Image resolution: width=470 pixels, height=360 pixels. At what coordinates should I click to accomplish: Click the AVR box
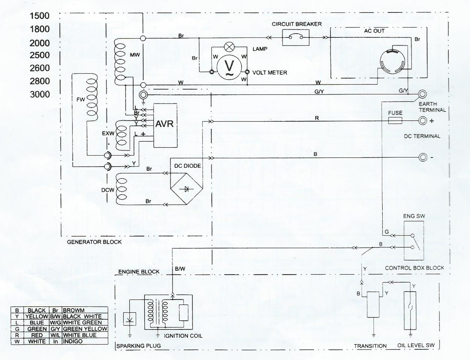click(x=164, y=125)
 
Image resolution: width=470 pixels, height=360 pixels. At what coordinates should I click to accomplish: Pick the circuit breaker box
click(x=296, y=37)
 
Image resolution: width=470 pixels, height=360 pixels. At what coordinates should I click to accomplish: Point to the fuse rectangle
click(x=395, y=120)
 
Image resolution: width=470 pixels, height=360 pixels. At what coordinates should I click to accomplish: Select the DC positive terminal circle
click(x=423, y=120)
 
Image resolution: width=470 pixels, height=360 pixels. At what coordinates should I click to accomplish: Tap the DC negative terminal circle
click(x=423, y=157)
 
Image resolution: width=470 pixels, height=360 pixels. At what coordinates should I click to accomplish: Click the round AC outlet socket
click(x=393, y=61)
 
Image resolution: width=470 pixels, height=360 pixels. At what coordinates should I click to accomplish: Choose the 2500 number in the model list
click(x=40, y=55)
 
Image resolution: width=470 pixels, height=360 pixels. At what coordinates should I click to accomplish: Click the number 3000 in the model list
click(x=40, y=94)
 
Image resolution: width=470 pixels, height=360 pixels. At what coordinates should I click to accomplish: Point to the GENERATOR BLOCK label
click(x=94, y=242)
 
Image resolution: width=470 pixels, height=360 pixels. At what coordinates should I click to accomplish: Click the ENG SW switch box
click(x=414, y=240)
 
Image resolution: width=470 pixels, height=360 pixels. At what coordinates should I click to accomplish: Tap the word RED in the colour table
click(x=37, y=335)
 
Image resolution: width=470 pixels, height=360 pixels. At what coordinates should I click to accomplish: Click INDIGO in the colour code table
click(x=73, y=341)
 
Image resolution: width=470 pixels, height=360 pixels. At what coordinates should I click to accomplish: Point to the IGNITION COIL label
click(x=183, y=336)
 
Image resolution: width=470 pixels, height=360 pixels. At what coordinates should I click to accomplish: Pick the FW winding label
click(x=80, y=99)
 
